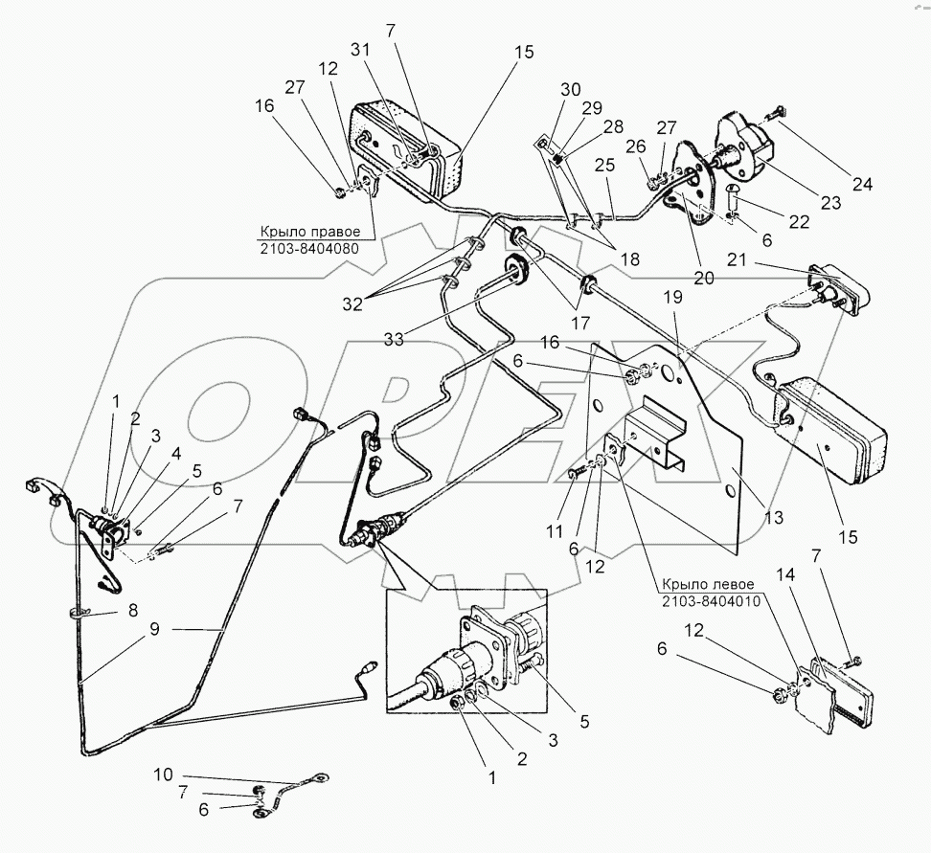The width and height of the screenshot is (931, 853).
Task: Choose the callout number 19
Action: (x=673, y=299)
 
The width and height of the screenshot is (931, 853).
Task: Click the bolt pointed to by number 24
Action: (x=773, y=118)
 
